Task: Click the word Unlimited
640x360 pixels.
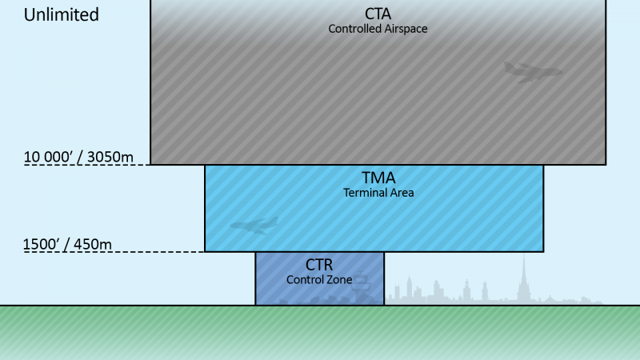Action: click(62, 14)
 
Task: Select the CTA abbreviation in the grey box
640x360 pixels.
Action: click(378, 14)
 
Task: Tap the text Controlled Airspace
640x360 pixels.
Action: click(378, 29)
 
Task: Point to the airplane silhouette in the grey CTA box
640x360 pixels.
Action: click(532, 72)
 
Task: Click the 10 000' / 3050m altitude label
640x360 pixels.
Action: click(78, 156)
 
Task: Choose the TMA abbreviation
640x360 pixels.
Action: click(378, 178)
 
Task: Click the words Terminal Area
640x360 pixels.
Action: click(378, 193)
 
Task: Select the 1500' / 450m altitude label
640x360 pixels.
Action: click(67, 243)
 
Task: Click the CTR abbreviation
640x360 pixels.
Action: click(318, 265)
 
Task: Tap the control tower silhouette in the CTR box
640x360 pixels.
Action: click(362, 286)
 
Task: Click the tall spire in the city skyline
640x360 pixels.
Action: click(524, 276)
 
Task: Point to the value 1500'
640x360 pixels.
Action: click(41, 243)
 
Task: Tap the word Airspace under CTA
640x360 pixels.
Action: click(403, 29)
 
